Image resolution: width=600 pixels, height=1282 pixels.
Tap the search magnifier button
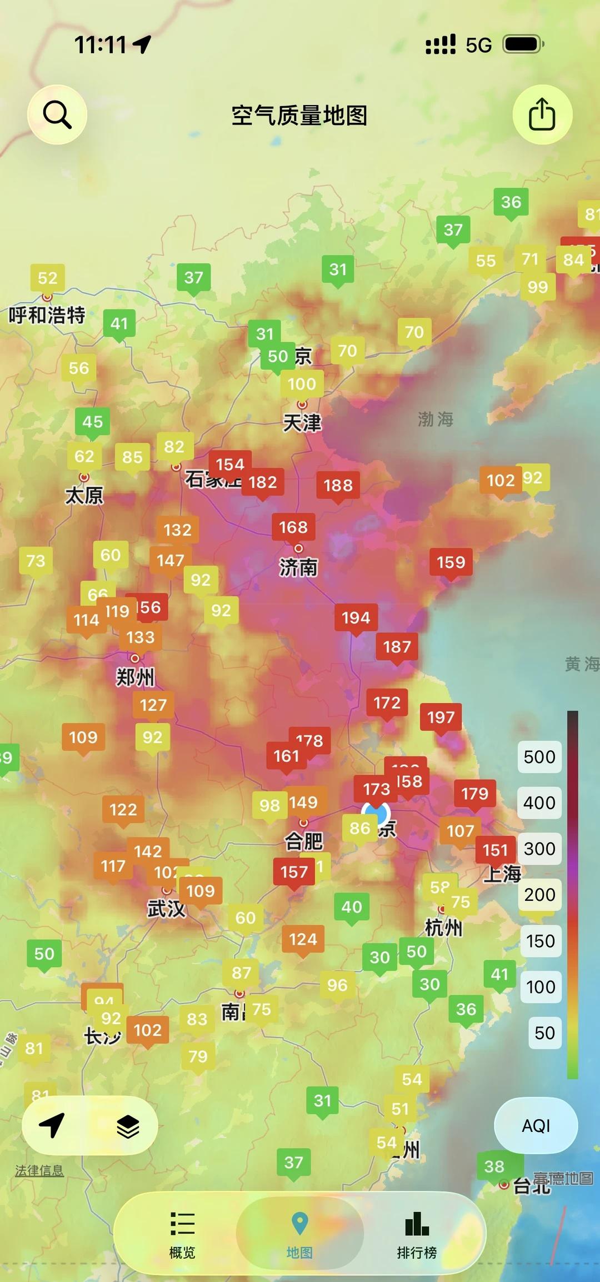pyautogui.click(x=57, y=115)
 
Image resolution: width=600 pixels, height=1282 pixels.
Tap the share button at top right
pyautogui.click(x=542, y=114)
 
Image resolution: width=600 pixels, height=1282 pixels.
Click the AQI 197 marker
pyautogui.click(x=441, y=717)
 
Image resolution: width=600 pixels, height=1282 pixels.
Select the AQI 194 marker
pyautogui.click(x=356, y=618)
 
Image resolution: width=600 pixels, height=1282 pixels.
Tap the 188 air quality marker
pyautogui.click(x=338, y=486)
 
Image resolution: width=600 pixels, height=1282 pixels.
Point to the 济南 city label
pyautogui.click(x=298, y=567)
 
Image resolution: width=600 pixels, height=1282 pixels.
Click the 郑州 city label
pyautogui.click(x=135, y=677)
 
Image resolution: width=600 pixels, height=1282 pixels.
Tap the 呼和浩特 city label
pyautogui.click(x=47, y=315)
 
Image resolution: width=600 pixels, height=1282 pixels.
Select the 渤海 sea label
pyautogui.click(x=436, y=419)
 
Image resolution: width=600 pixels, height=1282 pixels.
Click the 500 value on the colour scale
pyautogui.click(x=539, y=757)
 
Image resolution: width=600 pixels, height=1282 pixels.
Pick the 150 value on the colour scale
pyautogui.click(x=540, y=941)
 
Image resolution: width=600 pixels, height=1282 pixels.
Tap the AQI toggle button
pyautogui.click(x=536, y=1126)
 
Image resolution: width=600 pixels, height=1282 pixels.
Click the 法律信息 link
pyautogui.click(x=39, y=1170)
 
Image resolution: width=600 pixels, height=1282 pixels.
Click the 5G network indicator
pyautogui.click(x=478, y=45)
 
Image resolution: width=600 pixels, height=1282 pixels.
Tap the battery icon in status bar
pyautogui.click(x=523, y=44)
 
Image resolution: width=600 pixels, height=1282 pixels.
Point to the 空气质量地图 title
pyautogui.click(x=299, y=116)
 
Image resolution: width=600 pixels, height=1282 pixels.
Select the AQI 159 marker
pyautogui.click(x=451, y=562)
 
